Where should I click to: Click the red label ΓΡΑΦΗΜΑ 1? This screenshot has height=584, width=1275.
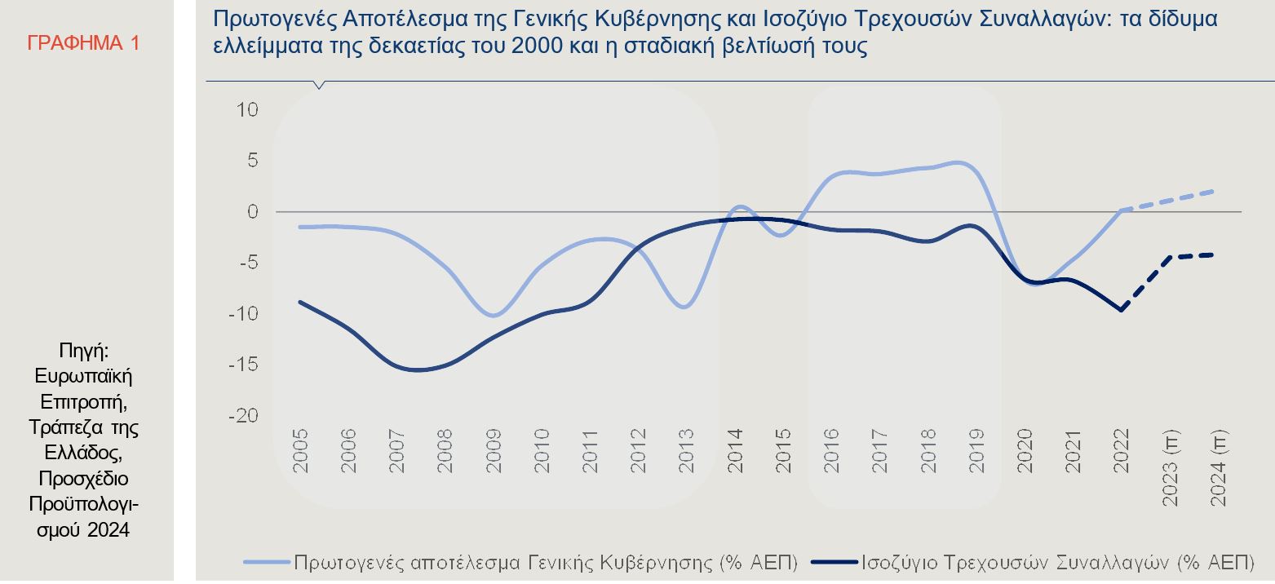click(x=83, y=43)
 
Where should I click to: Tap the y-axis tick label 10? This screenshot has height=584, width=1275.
click(x=247, y=109)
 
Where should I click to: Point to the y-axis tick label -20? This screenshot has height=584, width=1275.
click(x=244, y=415)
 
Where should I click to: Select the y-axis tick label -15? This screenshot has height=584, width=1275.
click(x=244, y=365)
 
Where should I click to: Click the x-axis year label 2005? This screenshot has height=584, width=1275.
click(x=301, y=451)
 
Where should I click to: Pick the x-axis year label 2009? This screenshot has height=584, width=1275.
click(x=494, y=451)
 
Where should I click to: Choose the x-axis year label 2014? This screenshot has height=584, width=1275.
click(x=735, y=451)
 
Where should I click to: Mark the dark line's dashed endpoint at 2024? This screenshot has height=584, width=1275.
click(x=1213, y=254)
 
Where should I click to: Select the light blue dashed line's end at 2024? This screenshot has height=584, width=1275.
click(x=1213, y=192)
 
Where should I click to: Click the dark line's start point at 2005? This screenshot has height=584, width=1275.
click(x=300, y=302)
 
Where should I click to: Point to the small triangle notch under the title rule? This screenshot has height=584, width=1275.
click(x=319, y=85)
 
